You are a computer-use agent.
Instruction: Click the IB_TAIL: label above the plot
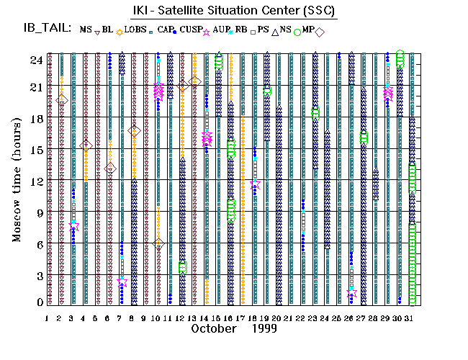(48, 30)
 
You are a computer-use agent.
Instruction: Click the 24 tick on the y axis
(35, 60)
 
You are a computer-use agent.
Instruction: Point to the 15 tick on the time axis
(35, 150)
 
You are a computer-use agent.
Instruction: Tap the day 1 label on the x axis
(48, 317)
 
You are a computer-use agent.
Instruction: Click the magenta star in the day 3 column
(73, 226)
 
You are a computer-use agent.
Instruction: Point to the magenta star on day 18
(255, 184)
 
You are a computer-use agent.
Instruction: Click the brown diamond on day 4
(86, 145)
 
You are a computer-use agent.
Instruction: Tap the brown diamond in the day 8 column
(134, 131)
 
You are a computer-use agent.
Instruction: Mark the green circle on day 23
(315, 113)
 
